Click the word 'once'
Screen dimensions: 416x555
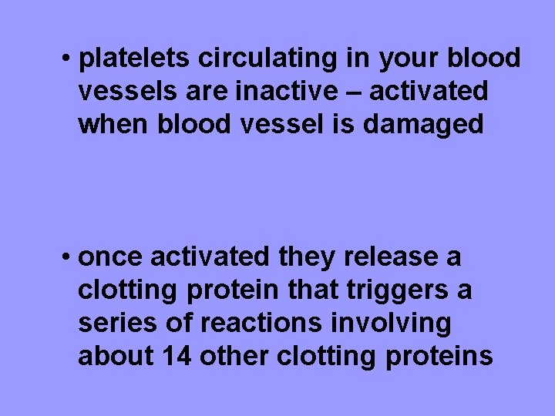click(111, 257)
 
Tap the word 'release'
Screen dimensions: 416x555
click(385, 257)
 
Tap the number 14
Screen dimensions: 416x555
click(177, 357)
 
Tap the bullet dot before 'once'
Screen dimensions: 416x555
click(69, 257)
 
